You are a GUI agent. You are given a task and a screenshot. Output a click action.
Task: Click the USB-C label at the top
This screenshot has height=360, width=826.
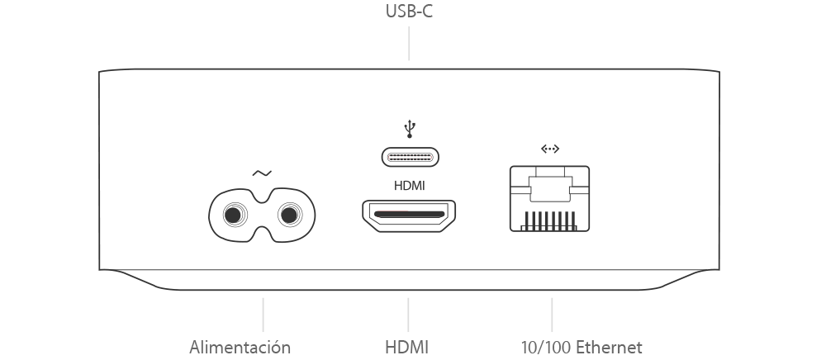coord(409,11)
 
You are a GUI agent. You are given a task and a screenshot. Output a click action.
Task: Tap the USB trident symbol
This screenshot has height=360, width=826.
coord(410,130)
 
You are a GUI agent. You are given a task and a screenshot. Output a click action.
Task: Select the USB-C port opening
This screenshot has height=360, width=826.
coord(411,157)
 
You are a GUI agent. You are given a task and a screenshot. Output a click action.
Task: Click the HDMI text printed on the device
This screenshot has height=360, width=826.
coord(410,186)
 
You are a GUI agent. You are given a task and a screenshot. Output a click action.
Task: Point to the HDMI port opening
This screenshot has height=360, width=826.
coord(409,216)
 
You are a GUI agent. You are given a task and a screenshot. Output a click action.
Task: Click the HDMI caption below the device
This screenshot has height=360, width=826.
coord(406,348)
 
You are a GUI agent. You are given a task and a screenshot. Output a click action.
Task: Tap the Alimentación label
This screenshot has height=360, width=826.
coord(240,348)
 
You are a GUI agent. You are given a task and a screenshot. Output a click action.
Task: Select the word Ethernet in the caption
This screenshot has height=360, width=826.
coord(609,348)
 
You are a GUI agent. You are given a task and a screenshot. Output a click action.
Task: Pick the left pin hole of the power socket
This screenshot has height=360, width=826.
coord(234,216)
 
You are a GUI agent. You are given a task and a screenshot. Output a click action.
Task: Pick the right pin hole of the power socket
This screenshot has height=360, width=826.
coord(289,216)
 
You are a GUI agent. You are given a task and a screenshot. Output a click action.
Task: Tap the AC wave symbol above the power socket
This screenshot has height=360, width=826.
coord(262,173)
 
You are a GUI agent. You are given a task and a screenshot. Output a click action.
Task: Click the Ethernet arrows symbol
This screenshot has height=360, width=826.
coord(550,149)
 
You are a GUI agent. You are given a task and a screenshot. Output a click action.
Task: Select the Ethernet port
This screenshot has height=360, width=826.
coord(549,198)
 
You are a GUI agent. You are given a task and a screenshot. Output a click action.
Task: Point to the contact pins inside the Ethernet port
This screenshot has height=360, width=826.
coord(549,220)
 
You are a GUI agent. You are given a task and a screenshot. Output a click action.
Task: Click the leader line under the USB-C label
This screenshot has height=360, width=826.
coord(409,44)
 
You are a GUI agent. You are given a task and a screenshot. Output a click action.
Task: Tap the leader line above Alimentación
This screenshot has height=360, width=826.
coord(263,315)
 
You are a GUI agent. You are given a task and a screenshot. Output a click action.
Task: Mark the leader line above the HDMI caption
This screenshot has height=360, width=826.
coord(408,315)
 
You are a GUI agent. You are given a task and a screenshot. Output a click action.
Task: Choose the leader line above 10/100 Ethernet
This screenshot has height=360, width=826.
coord(552,315)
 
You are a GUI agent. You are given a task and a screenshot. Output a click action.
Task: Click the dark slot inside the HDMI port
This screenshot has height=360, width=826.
coord(409,215)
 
